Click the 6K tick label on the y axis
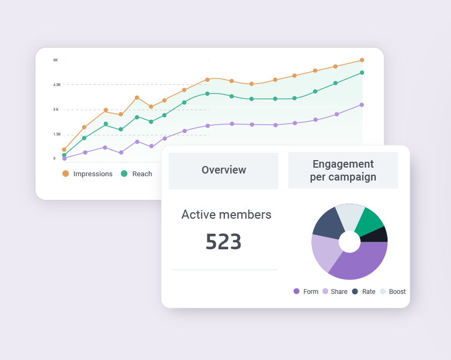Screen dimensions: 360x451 coord(55,60)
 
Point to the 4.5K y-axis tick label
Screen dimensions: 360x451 coord(57,85)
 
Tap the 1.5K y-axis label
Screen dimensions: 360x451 coord(57,134)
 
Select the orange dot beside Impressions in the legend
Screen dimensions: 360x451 coord(66,174)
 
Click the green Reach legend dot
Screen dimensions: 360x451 coord(124,174)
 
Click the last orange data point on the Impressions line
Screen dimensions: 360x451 coord(362,60)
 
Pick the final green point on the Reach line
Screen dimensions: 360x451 coord(362,73)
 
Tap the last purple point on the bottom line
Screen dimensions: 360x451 coord(362,105)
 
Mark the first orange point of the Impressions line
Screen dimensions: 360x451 coord(64,149)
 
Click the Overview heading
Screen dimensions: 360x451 coord(224,170)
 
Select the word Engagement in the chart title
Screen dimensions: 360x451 coord(343,164)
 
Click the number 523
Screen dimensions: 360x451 coord(223,242)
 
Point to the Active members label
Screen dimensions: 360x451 coord(226,214)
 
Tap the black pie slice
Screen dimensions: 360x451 coord(377,235)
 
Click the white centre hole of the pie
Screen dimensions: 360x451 coord(350,242)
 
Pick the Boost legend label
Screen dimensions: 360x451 coord(397,292)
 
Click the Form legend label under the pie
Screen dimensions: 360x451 coord(311,292)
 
